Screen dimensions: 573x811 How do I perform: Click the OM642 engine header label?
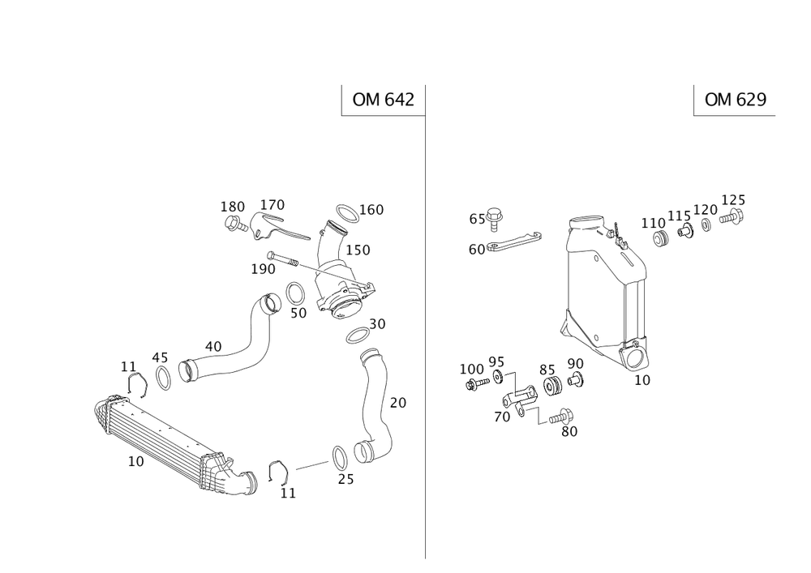pos(383,100)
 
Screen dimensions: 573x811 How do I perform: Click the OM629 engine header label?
pos(736,100)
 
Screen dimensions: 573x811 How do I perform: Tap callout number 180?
pos(233,206)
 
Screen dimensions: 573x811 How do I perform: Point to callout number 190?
pos(263,268)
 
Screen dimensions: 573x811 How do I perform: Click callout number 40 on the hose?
pos(213,346)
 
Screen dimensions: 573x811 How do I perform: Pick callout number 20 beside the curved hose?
pos(397,402)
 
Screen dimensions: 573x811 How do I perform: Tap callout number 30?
pos(378,323)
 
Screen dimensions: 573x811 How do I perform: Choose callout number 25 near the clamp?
pos(346,479)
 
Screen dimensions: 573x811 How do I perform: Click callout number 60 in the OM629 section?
pos(476,250)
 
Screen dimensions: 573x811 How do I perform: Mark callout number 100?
pos(470,368)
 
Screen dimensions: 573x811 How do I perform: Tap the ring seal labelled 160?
pos(345,215)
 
